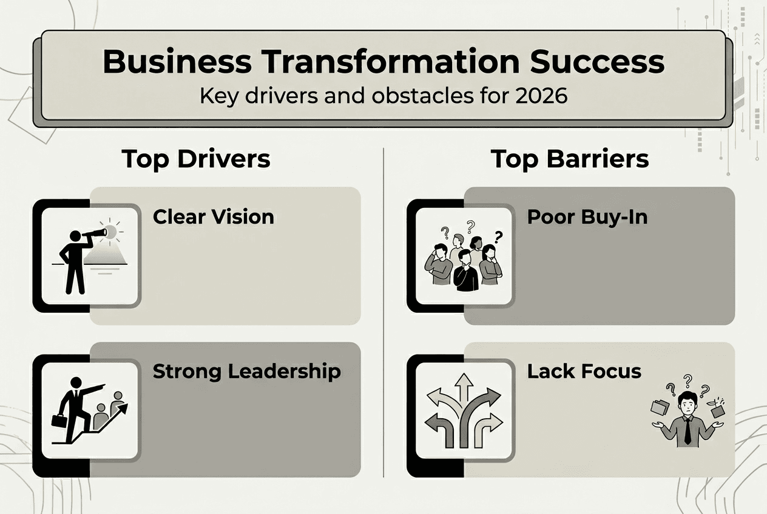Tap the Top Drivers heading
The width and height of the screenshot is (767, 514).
tap(195, 159)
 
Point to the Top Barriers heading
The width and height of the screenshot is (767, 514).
tap(570, 159)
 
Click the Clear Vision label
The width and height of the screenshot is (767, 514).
tap(213, 216)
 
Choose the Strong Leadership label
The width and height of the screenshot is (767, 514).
tap(246, 371)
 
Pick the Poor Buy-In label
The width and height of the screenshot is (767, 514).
tap(587, 216)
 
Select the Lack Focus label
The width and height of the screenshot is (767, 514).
tap(584, 371)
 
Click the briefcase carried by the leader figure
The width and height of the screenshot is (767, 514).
tap(59, 420)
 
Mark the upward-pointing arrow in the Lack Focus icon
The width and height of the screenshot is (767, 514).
tap(464, 387)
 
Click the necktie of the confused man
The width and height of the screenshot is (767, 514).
tap(688, 432)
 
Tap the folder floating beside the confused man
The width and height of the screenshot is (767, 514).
tap(659, 407)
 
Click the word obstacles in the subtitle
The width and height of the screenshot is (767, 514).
tap(416, 96)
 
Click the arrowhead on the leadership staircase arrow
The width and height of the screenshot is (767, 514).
tap(123, 409)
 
